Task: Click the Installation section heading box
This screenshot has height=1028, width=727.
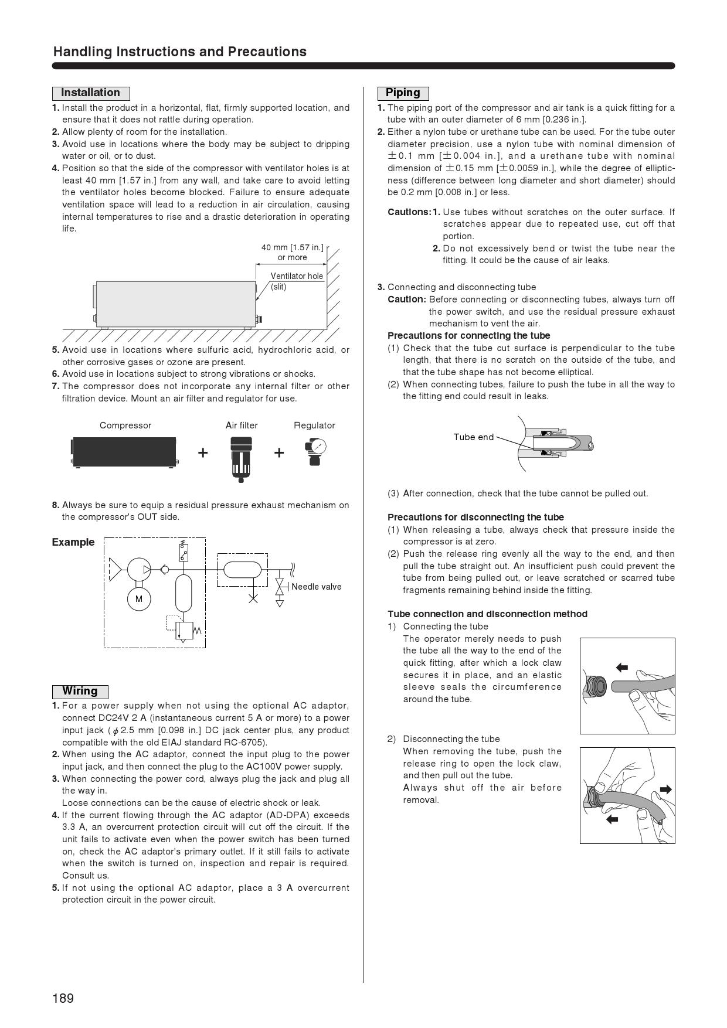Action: point(91,93)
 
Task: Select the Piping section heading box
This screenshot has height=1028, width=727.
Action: point(403,93)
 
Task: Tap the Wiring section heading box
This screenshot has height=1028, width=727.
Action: point(80,692)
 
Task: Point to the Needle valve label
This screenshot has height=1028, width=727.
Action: point(316,587)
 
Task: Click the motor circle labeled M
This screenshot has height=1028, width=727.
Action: point(139,599)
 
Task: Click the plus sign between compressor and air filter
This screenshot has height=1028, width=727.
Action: point(203,452)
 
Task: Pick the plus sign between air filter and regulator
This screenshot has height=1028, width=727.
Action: point(279,452)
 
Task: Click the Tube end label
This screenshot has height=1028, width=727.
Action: point(473,437)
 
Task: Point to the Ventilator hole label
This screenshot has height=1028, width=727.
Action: point(297,276)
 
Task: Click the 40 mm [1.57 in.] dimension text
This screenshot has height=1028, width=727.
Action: point(292,247)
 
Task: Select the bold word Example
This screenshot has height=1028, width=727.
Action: point(73,542)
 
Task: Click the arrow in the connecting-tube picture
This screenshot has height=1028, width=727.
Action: point(621,667)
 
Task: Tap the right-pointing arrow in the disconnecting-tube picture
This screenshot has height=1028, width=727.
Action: point(665,789)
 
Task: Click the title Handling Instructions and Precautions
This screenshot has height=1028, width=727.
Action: point(180,52)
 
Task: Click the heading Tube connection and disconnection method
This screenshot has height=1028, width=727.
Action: point(487,614)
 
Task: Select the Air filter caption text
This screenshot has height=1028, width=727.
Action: point(242,426)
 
